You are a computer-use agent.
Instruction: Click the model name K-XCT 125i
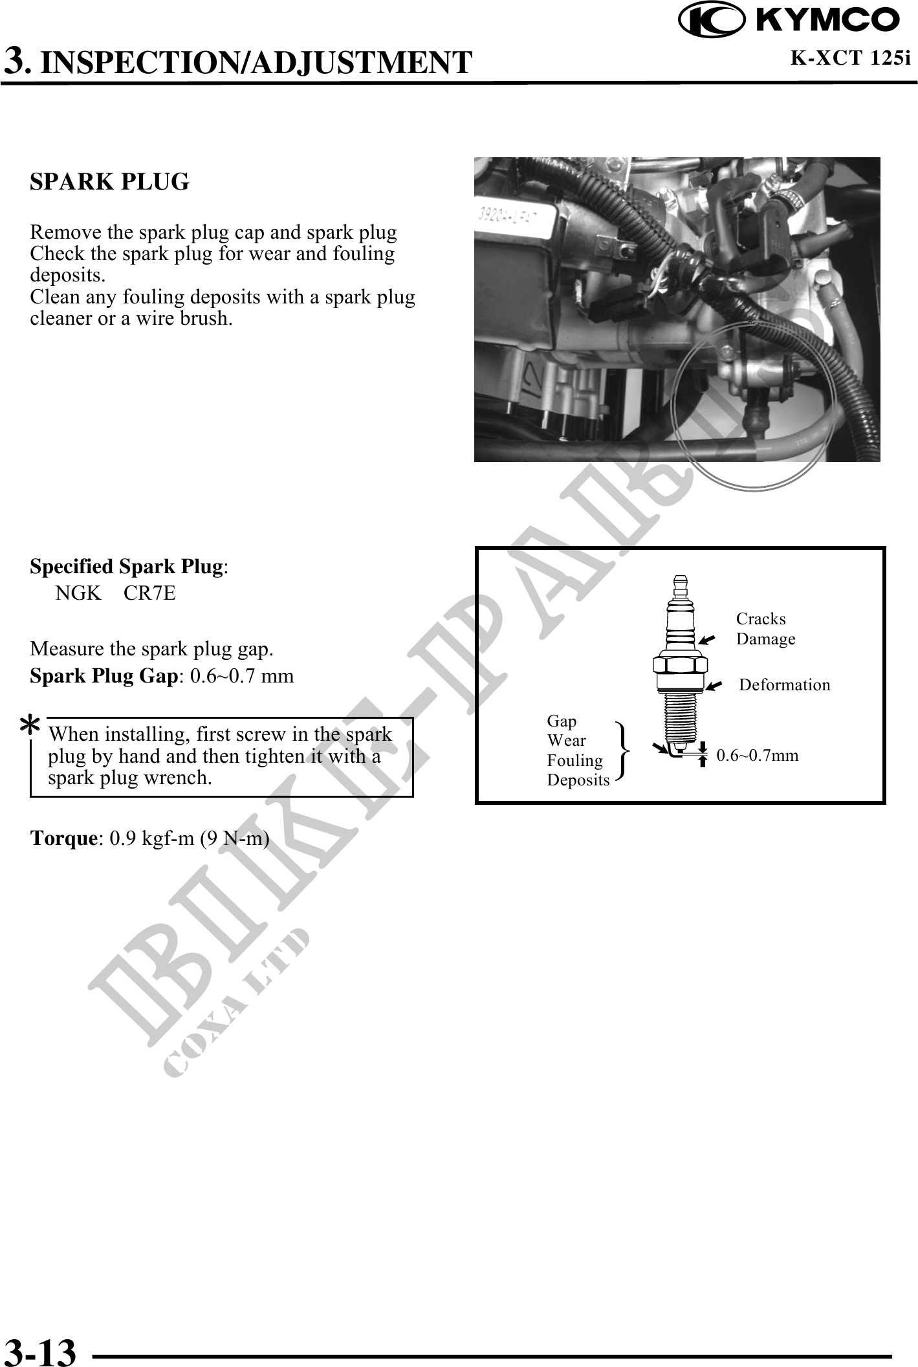[x=850, y=58]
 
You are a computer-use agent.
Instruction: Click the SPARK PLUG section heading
[x=109, y=182]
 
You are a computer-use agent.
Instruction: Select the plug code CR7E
[x=149, y=593]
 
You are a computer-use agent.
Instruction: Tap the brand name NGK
[x=78, y=593]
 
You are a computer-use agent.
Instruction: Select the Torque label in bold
[x=63, y=838]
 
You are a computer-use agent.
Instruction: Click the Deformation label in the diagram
[x=784, y=685]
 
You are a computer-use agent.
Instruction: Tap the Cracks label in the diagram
[x=761, y=619]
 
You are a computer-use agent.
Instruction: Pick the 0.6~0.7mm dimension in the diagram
[x=757, y=756]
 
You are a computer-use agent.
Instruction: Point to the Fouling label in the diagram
[x=574, y=761]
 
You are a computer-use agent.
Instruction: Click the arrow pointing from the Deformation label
[x=714, y=686]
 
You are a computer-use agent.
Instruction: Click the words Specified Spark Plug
[x=126, y=567]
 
